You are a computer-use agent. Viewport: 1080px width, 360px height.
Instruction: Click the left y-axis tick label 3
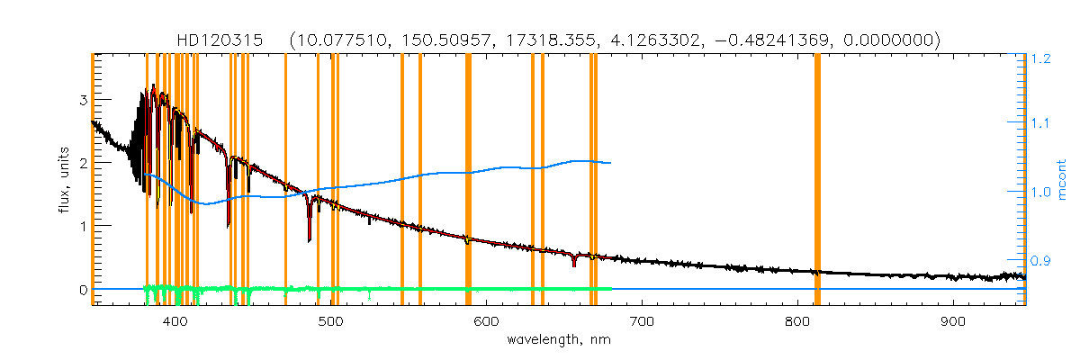point(83,100)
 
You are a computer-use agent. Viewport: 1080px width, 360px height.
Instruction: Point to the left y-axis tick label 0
point(83,290)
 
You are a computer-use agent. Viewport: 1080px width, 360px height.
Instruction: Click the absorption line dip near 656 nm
point(573,263)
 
